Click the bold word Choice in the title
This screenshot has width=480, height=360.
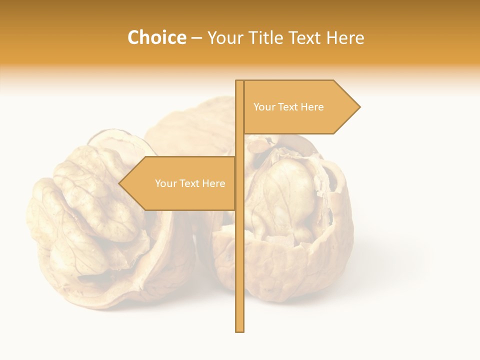click(156, 37)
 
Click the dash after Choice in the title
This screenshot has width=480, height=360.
click(196, 38)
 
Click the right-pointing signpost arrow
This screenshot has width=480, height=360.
click(300, 107)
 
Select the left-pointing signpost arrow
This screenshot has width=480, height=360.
click(180, 183)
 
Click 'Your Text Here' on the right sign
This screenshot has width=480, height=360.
click(288, 107)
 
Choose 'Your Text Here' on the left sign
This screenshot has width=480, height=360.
click(190, 183)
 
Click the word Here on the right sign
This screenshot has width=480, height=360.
click(312, 107)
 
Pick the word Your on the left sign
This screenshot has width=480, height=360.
click(165, 183)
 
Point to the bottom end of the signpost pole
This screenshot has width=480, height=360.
click(240, 330)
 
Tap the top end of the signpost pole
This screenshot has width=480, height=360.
click(239, 81)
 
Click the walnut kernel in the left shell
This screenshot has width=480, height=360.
click(85, 210)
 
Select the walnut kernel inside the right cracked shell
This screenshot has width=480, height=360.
click(285, 195)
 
